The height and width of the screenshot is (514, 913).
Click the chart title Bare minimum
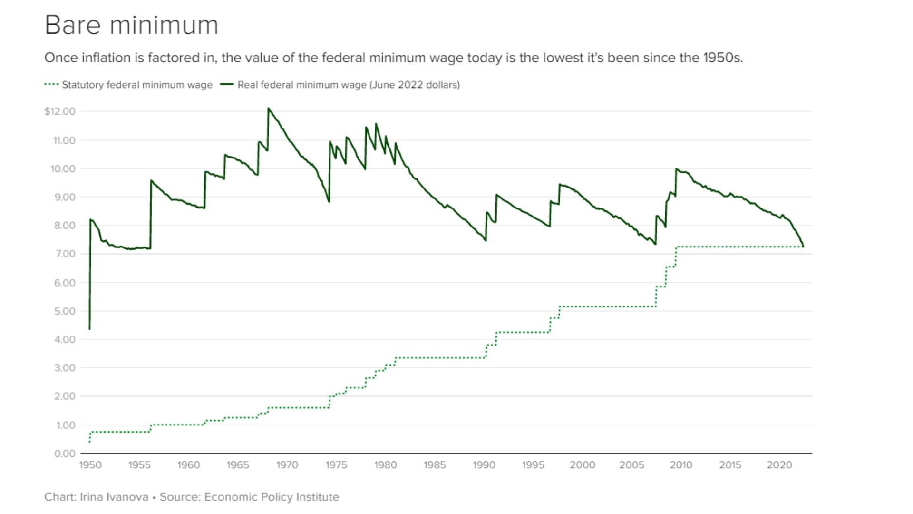[x=131, y=25]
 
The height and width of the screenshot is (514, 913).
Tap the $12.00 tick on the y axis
[x=60, y=111]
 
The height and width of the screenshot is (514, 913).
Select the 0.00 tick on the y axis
[x=65, y=454]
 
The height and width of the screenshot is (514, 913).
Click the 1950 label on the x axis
[x=90, y=465]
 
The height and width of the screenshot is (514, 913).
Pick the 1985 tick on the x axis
[x=435, y=465]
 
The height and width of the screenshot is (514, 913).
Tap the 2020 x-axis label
[x=779, y=465]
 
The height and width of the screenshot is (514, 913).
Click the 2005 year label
[x=631, y=465]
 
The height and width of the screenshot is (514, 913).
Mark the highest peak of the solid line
[x=269, y=109]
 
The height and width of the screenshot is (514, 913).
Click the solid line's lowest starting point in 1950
[x=90, y=328]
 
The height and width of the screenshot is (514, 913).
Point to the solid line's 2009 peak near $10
[x=676, y=169]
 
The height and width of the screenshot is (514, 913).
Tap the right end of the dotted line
[x=803, y=247]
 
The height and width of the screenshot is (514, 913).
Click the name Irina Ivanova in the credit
[x=114, y=497]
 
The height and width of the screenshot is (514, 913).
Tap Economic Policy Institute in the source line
[x=272, y=497]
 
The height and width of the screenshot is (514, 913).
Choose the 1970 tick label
[x=287, y=465]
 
